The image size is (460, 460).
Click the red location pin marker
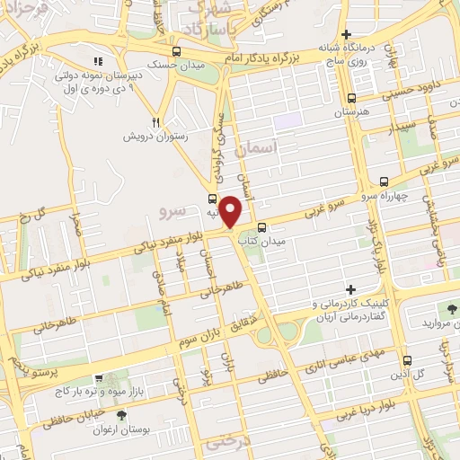(231, 211)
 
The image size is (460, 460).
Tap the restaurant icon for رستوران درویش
(155, 122)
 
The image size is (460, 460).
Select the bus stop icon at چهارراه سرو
(385, 180)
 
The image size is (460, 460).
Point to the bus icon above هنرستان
(351, 99)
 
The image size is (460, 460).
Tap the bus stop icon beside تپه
(213, 199)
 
